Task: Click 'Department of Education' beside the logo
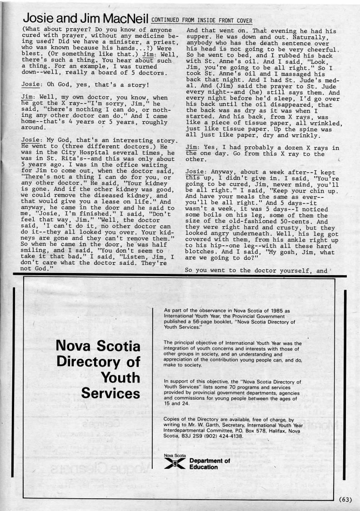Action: [210, 464]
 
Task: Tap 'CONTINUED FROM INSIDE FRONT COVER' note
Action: [201, 20]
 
